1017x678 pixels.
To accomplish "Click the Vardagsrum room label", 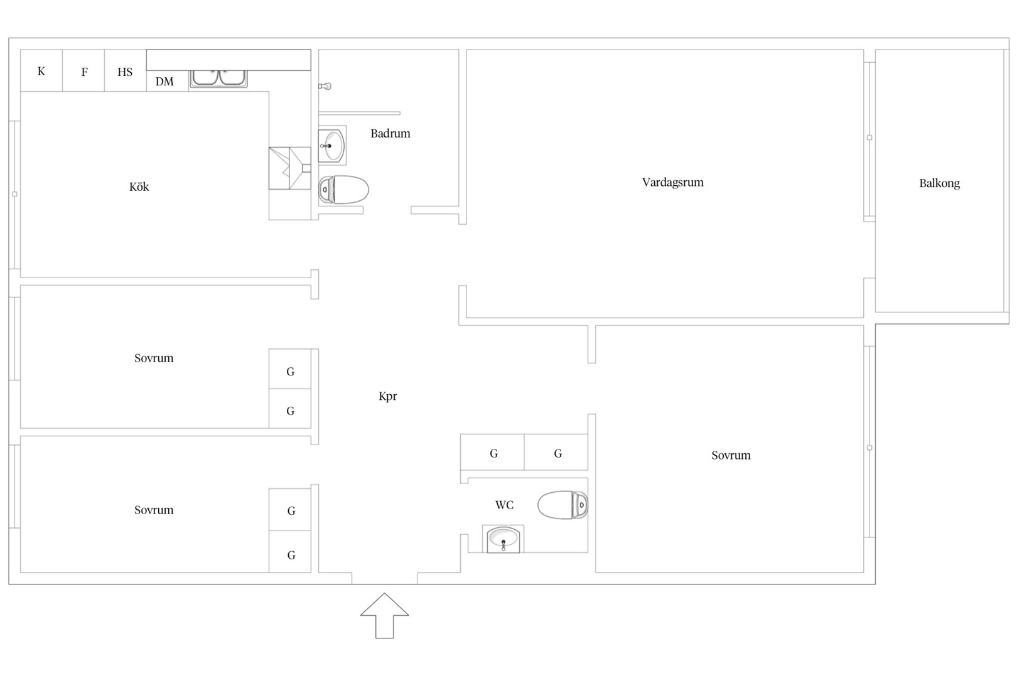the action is coord(672,183).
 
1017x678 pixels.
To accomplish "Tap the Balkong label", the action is coord(939,183).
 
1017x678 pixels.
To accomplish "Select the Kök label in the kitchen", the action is coord(139,186).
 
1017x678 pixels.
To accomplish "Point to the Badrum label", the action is coord(390,134).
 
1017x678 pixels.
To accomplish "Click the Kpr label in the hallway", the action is coord(388,397).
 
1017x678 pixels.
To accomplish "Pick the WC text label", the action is coord(504,505).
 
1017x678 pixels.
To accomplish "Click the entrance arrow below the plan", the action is coord(385,615).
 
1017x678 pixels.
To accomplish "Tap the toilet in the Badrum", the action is coord(343,190).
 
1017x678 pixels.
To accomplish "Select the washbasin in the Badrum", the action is coord(332,145).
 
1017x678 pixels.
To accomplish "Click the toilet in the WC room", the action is coord(563,505).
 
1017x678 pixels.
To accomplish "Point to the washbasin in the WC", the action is coord(503,539).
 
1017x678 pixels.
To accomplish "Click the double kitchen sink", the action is coord(218,78).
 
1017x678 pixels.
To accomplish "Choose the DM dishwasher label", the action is coord(164,82).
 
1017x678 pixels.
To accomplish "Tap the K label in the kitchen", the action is coord(41,72).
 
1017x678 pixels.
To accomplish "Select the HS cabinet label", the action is coord(125,72).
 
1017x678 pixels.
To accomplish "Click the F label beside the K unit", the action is coord(85,72).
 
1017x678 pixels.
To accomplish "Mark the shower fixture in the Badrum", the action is coord(325,86).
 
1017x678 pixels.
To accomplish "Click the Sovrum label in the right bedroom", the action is coord(731,456).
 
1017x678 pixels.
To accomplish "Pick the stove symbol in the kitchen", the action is coord(289,168).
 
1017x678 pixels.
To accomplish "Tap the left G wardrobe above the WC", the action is coord(493,452).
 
